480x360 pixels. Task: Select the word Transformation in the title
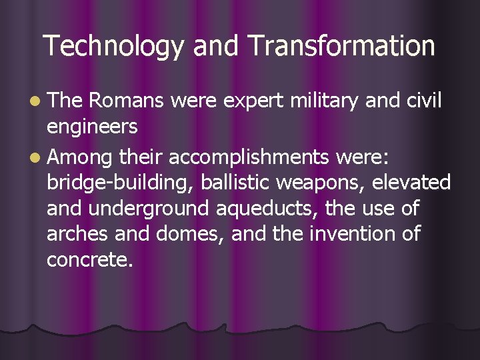tap(341, 47)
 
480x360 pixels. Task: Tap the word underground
tap(149, 209)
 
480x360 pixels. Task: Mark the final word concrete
tap(90, 260)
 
